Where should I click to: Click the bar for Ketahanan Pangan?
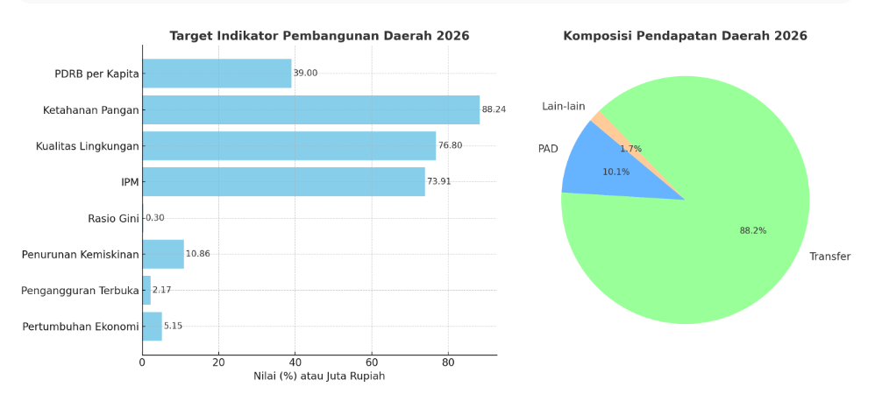click(310, 109)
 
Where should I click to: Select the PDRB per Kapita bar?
click(217, 74)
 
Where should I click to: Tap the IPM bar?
click(283, 181)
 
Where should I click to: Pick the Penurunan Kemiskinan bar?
click(163, 254)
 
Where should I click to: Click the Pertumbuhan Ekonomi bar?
click(152, 326)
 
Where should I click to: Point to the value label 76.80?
click(450, 145)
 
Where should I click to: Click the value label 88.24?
click(494, 109)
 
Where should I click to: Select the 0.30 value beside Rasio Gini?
click(155, 218)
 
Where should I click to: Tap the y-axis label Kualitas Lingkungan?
click(88, 145)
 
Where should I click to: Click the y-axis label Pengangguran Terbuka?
click(80, 290)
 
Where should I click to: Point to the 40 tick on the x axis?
click(295, 362)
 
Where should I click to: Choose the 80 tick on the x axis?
click(448, 362)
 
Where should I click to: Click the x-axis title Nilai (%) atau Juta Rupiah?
click(319, 376)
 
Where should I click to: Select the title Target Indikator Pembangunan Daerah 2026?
click(319, 36)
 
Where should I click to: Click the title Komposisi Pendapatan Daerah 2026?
click(685, 36)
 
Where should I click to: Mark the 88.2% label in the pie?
click(752, 231)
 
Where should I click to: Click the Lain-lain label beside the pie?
click(563, 107)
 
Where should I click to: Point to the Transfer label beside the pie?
click(829, 257)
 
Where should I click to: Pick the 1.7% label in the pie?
click(630, 149)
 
